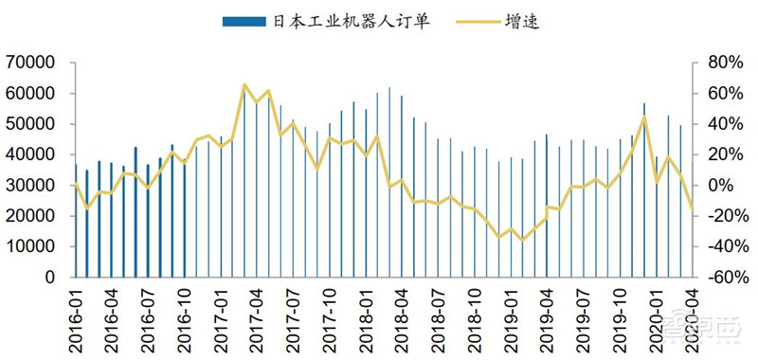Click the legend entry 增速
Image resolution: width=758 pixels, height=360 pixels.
coord(521,20)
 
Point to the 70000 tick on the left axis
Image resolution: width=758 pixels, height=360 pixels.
coord(31,63)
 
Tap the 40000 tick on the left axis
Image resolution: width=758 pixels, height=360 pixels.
coord(31,154)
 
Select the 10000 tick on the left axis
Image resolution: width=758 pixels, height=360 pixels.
coord(31,246)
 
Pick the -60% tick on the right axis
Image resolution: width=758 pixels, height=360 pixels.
coord(725,278)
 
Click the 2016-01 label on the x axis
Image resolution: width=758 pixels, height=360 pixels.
coord(76,313)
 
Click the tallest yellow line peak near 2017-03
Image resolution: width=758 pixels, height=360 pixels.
coord(244,85)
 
